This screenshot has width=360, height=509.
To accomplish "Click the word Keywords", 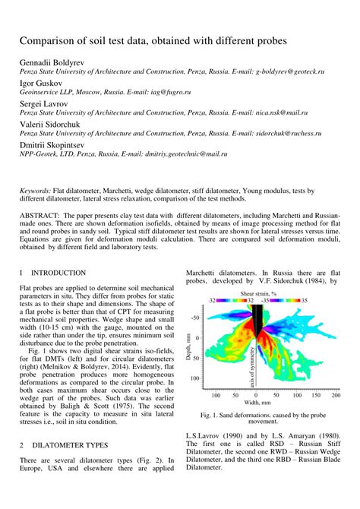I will coord(36,191).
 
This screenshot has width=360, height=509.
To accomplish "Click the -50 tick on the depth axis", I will coord(197,318).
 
